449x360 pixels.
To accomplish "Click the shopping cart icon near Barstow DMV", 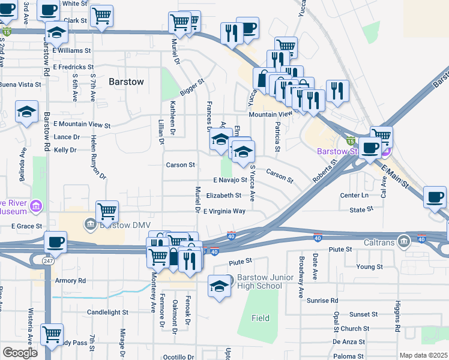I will (x=107, y=211).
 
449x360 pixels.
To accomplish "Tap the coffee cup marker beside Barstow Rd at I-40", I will (x=55, y=242).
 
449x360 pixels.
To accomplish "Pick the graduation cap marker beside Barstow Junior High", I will (x=219, y=285).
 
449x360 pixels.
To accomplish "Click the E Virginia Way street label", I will (x=224, y=211).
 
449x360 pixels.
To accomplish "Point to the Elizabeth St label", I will (x=223, y=196).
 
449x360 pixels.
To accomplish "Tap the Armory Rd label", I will (x=70, y=280).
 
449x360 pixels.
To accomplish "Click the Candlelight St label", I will (x=107, y=312).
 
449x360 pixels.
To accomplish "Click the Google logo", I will (x=20, y=352).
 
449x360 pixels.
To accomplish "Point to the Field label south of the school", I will (x=261, y=318).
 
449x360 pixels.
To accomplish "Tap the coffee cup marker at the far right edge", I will (x=435, y=197).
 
